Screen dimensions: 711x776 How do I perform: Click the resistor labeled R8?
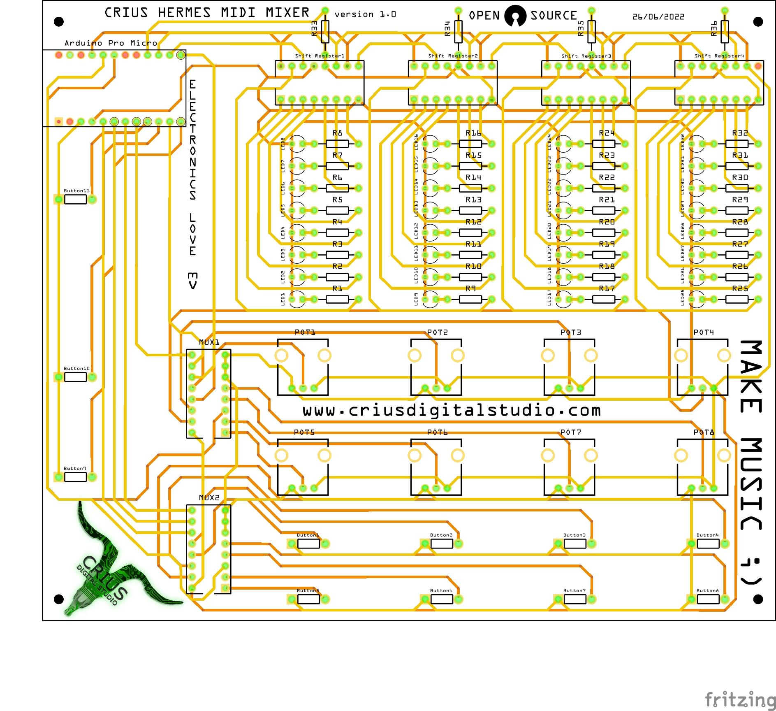click(337, 144)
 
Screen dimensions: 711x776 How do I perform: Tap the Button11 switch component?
click(76, 199)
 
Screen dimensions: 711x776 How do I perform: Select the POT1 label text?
click(305, 332)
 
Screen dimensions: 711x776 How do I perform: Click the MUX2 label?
click(209, 497)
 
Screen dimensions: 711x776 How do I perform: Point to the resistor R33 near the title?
click(325, 32)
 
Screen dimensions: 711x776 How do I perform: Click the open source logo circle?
click(515, 16)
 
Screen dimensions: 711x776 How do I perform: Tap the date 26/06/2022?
click(658, 17)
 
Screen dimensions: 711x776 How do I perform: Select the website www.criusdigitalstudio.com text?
click(452, 410)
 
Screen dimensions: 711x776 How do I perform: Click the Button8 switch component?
click(708, 599)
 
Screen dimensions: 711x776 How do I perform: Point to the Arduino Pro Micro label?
click(111, 43)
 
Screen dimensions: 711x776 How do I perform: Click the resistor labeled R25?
click(737, 299)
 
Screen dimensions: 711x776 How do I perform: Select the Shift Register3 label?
click(586, 56)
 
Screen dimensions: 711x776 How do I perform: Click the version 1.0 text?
click(365, 14)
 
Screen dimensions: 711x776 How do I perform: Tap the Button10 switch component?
click(76, 377)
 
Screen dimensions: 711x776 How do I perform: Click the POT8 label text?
click(704, 432)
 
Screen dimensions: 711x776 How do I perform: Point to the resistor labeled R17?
click(603, 299)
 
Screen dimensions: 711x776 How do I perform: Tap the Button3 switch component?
click(575, 544)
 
